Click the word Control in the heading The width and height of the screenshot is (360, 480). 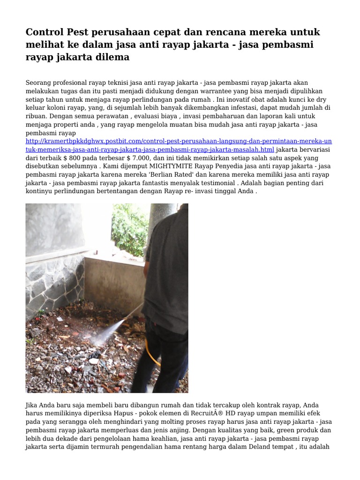pos(45,32)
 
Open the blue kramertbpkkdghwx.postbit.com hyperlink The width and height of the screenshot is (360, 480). pos(178,141)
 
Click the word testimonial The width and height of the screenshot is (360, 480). pos(216,183)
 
